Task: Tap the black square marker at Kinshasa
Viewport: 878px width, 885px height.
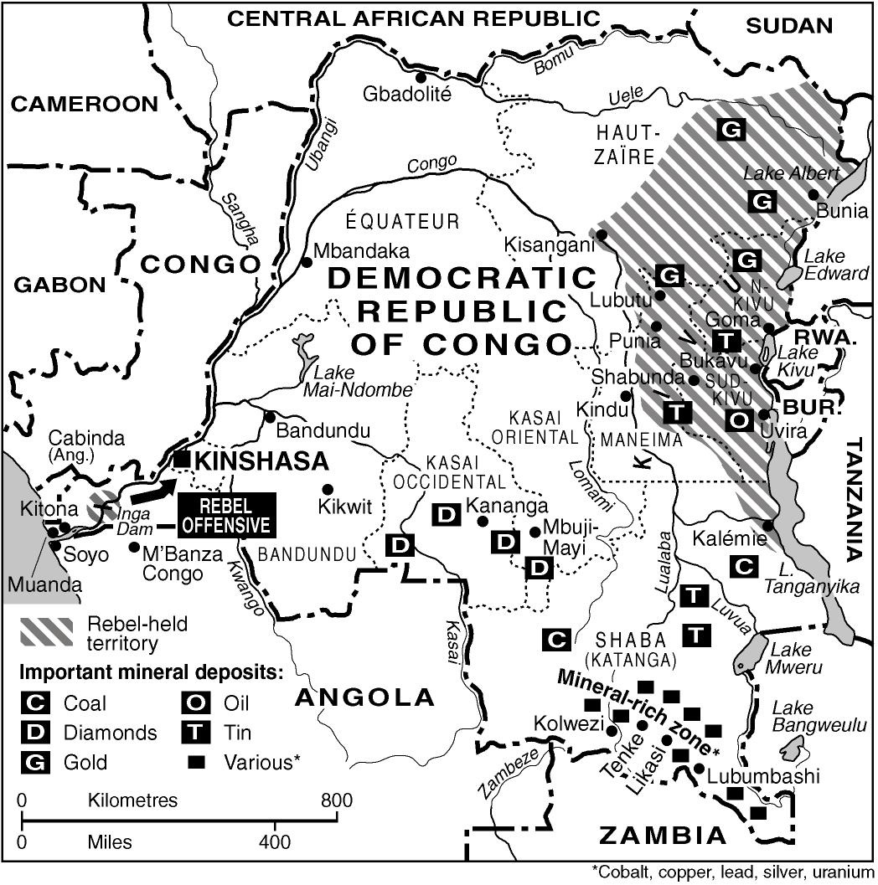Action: tap(183, 459)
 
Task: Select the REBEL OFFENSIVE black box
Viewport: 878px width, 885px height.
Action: tap(226, 514)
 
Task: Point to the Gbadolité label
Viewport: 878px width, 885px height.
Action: tap(407, 94)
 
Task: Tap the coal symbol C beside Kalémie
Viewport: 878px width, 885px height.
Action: tap(743, 566)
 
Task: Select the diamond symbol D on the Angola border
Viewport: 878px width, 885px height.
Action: tap(400, 546)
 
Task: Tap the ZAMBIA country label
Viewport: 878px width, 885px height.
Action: tap(663, 835)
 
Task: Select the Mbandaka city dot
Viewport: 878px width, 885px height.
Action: tap(307, 262)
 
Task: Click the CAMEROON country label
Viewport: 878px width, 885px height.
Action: tap(84, 104)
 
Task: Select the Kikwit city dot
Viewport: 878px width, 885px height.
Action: tap(328, 489)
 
